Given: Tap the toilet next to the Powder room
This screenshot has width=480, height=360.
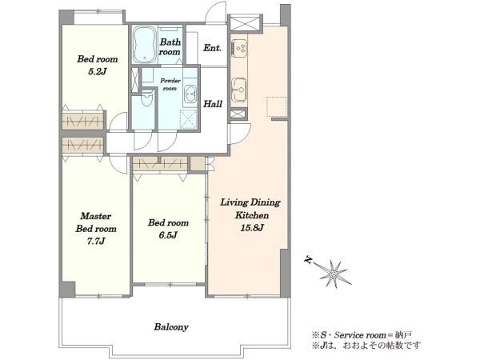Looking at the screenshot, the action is (147, 98).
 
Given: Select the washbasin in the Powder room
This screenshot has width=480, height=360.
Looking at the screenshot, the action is (190, 94).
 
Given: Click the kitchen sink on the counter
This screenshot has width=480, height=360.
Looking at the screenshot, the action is (238, 90).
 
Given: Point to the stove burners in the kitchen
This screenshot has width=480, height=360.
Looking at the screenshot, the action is (239, 48).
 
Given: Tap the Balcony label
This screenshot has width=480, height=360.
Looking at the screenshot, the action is (171, 327).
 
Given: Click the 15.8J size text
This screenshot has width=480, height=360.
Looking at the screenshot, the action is (252, 228).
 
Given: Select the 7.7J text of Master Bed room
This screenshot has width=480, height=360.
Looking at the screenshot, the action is (96, 242).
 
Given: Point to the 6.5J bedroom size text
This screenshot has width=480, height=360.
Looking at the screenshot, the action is (168, 235).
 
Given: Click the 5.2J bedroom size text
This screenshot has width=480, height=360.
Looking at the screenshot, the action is (97, 72).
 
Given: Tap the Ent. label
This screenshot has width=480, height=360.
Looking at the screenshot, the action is (212, 48).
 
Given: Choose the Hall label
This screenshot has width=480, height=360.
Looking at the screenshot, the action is (213, 104).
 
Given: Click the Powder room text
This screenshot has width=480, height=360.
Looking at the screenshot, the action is (170, 85).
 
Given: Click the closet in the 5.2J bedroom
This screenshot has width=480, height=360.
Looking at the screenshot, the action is (82, 121).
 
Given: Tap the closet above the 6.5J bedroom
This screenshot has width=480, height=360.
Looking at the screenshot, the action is (160, 163).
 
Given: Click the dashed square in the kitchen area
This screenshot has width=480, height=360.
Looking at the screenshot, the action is (277, 106).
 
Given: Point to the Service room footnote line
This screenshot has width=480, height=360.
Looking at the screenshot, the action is (362, 335).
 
